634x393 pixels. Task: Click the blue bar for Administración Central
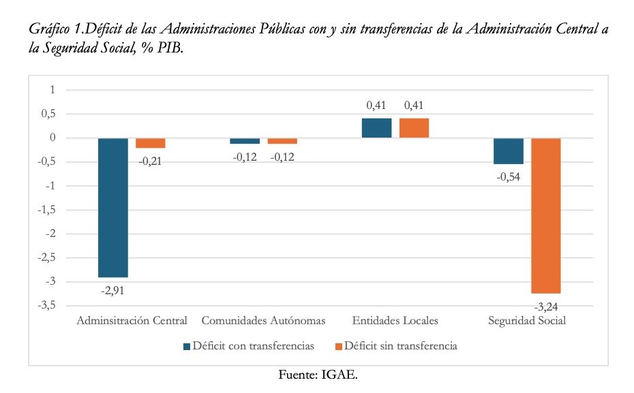click(x=113, y=208)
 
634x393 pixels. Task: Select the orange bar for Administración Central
click(x=151, y=143)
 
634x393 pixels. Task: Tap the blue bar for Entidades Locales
click(x=376, y=128)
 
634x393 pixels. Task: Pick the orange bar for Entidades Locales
click(x=414, y=128)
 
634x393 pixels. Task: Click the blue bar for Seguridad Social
click(x=509, y=151)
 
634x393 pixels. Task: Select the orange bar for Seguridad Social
click(x=546, y=215)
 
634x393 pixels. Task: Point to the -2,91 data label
click(x=113, y=291)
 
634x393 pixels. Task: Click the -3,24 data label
click(x=546, y=306)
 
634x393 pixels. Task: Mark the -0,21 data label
click(x=151, y=161)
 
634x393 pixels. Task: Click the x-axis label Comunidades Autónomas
click(x=263, y=320)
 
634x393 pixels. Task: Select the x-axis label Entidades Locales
click(x=395, y=320)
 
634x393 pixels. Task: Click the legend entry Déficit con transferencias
click(x=253, y=346)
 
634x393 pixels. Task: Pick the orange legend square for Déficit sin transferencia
click(x=338, y=346)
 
